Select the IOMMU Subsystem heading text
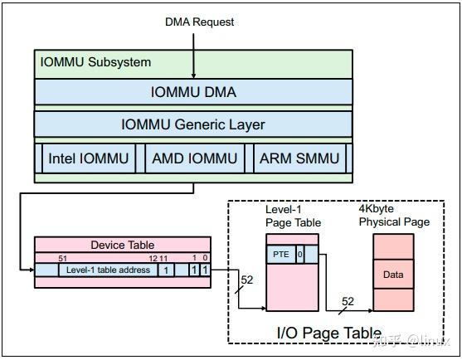pyautogui.click(x=96, y=62)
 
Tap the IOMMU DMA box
pyautogui.click(x=193, y=92)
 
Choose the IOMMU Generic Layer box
pyautogui.click(x=193, y=124)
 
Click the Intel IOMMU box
pyautogui.click(x=89, y=158)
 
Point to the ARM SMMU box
pyautogui.click(x=299, y=158)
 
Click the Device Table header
pyautogui.click(x=122, y=245)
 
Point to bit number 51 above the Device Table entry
pyautogui.click(x=63, y=259)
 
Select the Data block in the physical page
pyautogui.click(x=392, y=273)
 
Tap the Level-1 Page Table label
pyautogui.click(x=293, y=216)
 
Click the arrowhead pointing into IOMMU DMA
pyautogui.click(x=193, y=75)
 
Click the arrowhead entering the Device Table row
pyautogui.click(x=31, y=270)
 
